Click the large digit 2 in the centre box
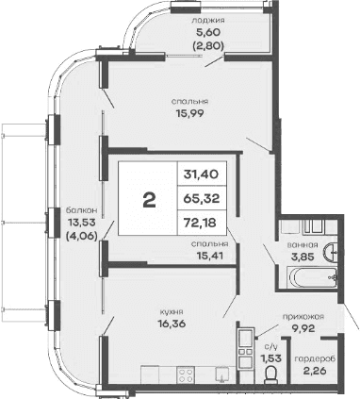[x=148, y=199]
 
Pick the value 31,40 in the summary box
[x=207, y=174]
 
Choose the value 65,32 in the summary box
[x=207, y=199]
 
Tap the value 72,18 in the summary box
[x=207, y=224]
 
